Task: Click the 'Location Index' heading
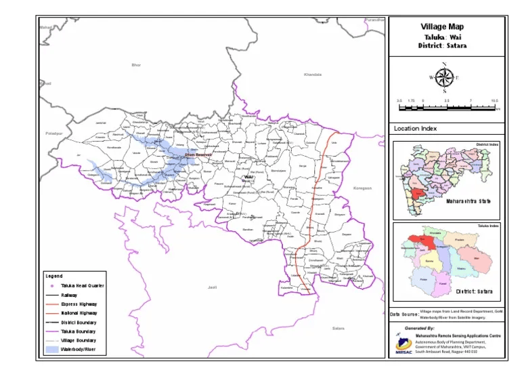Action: [415, 128]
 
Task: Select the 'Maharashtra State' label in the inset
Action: [467, 201]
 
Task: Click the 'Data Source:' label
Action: [404, 314]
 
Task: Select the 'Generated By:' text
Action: [420, 327]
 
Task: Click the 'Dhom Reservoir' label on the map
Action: [198, 155]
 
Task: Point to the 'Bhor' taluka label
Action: [135, 64]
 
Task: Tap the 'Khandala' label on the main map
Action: [313, 74]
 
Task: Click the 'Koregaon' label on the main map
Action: [363, 188]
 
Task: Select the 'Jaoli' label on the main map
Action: [212, 287]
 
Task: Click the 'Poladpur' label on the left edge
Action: [53, 134]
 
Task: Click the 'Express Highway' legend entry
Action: [79, 304]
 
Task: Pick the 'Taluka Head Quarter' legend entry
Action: [82, 286]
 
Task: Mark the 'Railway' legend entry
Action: [69, 295]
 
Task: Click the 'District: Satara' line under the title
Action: [443, 45]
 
